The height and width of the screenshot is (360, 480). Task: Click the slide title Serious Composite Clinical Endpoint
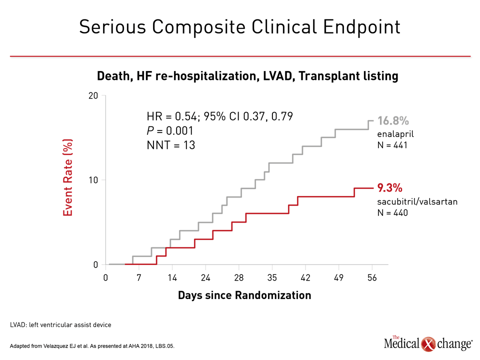[239, 27]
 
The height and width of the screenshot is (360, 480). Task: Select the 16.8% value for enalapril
[393, 121]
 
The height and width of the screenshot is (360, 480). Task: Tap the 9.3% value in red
[389, 187]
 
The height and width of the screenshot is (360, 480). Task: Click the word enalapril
[395, 134]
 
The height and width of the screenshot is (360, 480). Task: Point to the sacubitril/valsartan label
[417, 201]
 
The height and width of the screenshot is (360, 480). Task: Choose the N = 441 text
[392, 145]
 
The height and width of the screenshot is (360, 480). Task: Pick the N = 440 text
[392, 212]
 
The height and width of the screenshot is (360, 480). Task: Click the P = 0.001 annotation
[170, 130]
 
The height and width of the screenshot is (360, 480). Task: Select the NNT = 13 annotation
[171, 145]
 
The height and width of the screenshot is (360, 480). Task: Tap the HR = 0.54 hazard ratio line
[220, 116]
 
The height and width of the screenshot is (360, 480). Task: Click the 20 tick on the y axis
[93, 96]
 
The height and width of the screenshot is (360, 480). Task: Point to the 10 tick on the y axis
[93, 180]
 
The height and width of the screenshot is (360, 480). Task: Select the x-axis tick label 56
[372, 277]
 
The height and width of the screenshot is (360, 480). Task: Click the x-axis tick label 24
[205, 277]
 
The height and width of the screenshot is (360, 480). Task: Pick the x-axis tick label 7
[139, 277]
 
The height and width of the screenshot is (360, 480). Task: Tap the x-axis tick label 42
[305, 277]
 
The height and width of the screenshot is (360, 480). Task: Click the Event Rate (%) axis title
[67, 177]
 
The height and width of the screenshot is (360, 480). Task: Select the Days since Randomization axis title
[244, 295]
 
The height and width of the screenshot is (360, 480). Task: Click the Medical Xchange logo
[428, 343]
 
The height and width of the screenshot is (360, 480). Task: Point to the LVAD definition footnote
[60, 325]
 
